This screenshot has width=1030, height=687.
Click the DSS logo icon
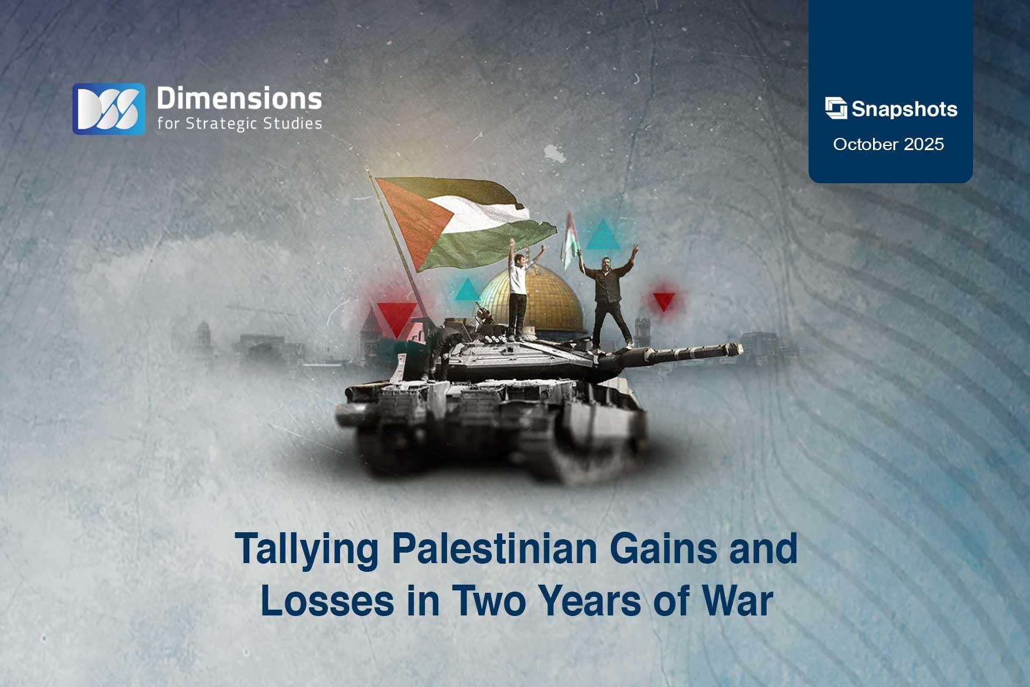tap(108, 109)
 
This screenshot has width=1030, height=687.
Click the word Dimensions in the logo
tap(239, 99)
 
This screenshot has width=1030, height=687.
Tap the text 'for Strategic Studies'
tap(239, 124)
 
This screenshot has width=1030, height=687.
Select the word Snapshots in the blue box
tap(904, 109)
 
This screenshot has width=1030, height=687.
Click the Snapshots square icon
tap(835, 108)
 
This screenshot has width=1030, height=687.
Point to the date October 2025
tap(888, 144)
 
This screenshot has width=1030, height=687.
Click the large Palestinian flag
tap(459, 221)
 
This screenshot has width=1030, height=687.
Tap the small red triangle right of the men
tap(663, 301)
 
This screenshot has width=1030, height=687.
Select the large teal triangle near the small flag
tap(603, 236)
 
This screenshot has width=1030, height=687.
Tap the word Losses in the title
tap(327, 601)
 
